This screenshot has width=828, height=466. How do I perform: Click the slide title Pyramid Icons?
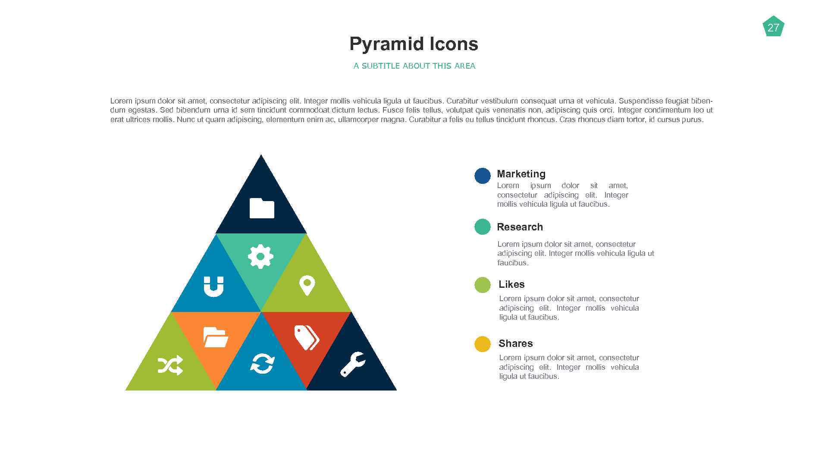(414, 44)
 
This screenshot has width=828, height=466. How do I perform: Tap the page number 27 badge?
(773, 27)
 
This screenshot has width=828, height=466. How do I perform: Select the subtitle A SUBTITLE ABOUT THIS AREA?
(414, 66)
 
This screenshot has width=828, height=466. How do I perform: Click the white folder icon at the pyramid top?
(262, 208)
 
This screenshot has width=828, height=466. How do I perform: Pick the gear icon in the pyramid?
(260, 256)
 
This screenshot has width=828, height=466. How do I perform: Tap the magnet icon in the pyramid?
(213, 287)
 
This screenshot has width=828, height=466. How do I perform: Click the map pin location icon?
(307, 285)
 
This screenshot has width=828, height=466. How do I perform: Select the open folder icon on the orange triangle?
(216, 337)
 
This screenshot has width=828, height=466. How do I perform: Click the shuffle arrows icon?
(170, 365)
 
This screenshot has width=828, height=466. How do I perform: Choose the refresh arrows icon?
(262, 364)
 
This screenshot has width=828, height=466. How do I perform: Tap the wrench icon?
(352, 364)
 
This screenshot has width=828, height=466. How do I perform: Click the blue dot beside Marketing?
(483, 176)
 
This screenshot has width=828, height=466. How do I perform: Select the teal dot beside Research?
(483, 227)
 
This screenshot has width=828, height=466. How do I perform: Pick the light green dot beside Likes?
(483, 285)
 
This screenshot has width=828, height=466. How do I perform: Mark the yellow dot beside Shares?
(483, 344)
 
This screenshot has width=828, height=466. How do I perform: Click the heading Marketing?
(521, 174)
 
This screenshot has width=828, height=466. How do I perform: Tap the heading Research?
(520, 227)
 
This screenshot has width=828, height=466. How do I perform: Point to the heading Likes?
(511, 284)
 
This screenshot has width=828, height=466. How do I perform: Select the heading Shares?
(515, 343)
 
